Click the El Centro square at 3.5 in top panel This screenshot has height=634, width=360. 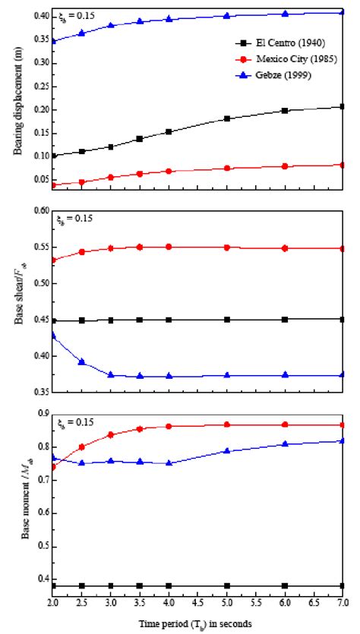[140, 139]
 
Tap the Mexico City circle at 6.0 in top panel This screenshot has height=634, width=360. [285, 166]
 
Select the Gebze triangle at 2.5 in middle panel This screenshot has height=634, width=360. [82, 341]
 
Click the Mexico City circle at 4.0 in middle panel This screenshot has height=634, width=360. [169, 247]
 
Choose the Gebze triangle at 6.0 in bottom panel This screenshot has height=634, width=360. [285, 444]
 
